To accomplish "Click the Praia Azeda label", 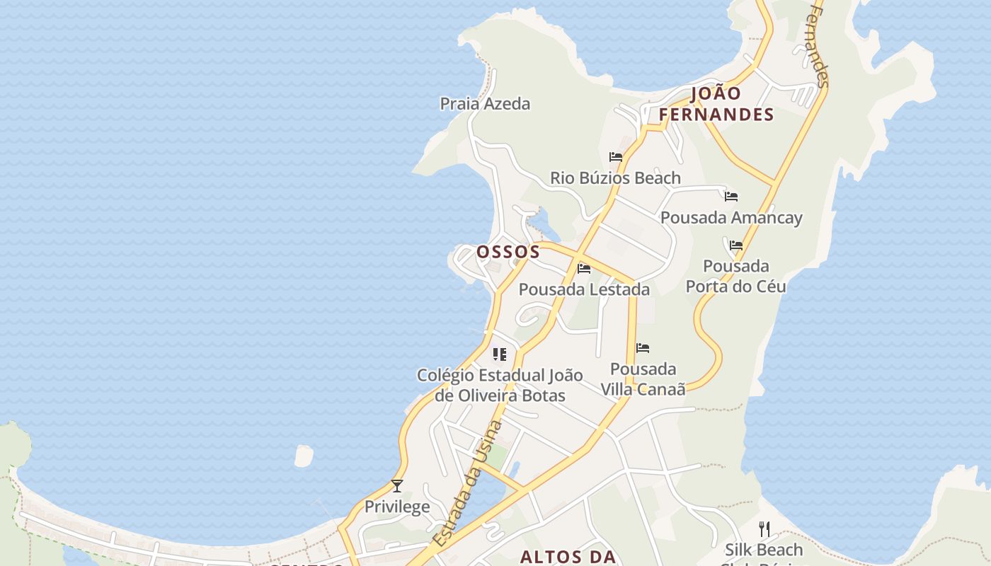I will pos(485,104).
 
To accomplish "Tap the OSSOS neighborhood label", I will pos(508,252).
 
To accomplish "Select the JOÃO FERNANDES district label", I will pos(716,104).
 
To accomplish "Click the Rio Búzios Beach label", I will pos(615,178).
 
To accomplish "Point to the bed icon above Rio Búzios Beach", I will pos(616,157).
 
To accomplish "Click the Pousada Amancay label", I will pos(731,217).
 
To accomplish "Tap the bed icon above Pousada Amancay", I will pos(731,196).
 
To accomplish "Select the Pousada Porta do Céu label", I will pos(736,276).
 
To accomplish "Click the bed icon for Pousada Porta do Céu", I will pos(736,246).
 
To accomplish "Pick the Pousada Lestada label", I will pos(584,289).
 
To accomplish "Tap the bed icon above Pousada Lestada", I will pos(584,268).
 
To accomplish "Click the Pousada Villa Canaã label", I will pos(643,379).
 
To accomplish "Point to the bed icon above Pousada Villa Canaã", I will pos(643,347).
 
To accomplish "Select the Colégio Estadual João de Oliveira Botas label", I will pos(500,385).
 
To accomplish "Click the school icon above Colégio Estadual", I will pos(500,354).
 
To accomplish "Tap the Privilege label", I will pos(397,507).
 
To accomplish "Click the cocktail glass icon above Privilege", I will pos(397,485).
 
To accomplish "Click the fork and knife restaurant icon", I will pos(764,529).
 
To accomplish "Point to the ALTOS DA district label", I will pos(568,557).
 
